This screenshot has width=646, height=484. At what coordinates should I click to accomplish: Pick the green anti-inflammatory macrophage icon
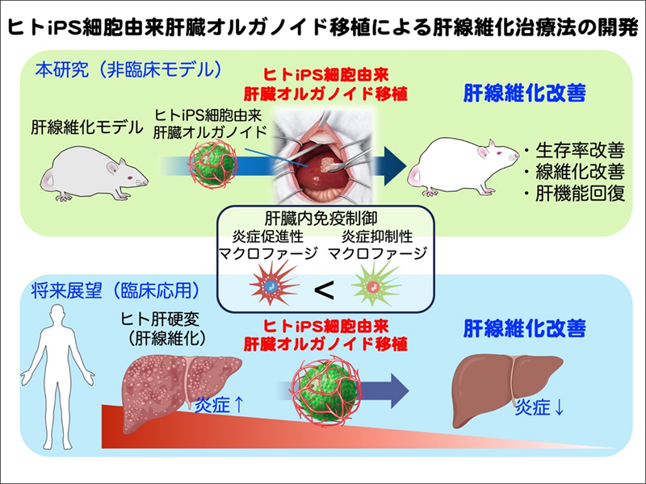click(373, 286)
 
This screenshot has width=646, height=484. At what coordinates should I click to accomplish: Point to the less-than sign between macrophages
click(324, 290)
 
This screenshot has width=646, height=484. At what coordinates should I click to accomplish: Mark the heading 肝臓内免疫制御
click(322, 219)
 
